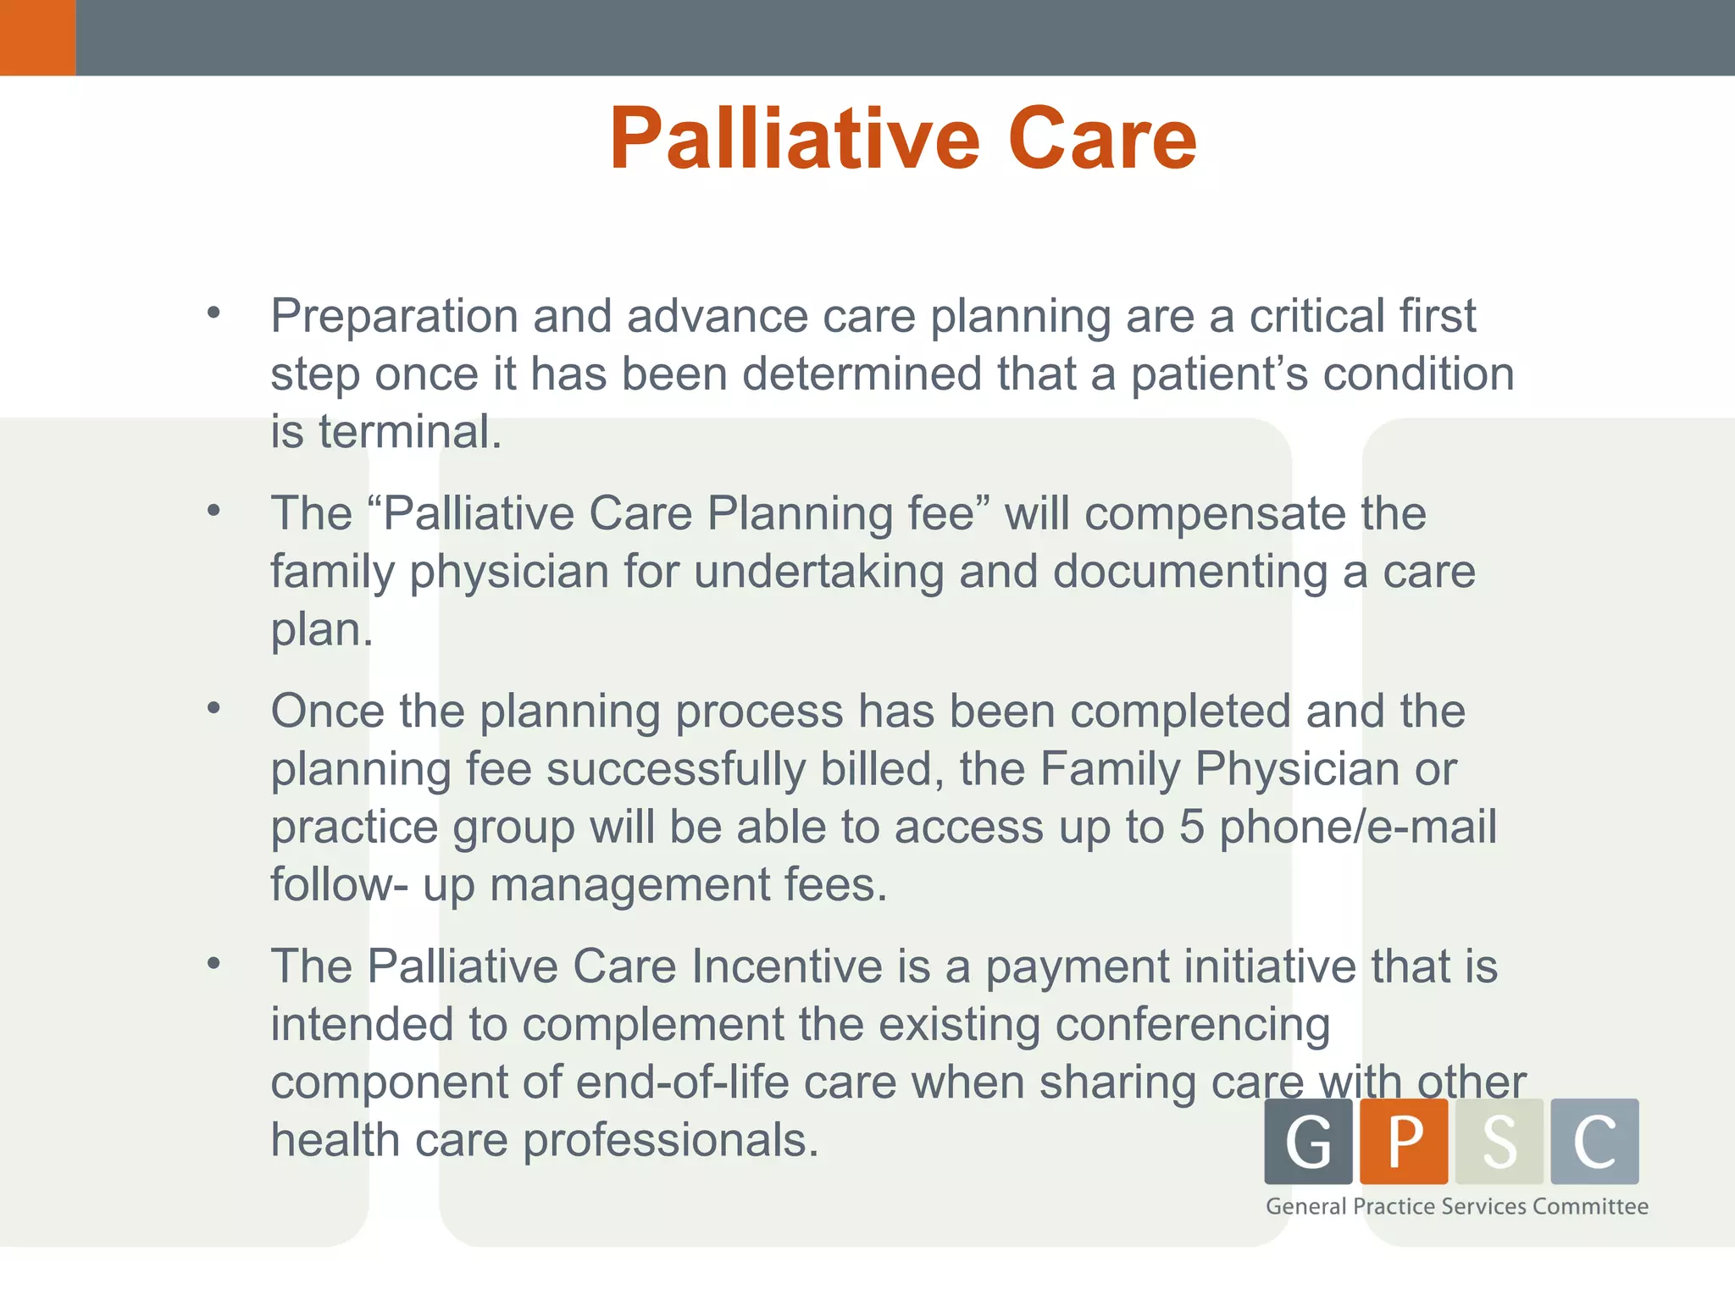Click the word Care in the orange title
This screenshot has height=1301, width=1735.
point(1102,139)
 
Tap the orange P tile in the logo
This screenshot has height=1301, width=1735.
point(1404,1141)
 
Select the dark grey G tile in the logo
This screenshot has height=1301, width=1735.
point(1308,1141)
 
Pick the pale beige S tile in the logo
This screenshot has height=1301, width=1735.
point(1499,1141)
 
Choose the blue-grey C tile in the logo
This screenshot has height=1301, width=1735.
point(1594,1141)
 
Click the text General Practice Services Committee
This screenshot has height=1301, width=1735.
point(1456,1206)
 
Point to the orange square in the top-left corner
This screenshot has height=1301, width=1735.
point(37,37)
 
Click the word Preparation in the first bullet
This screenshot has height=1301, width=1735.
point(395,317)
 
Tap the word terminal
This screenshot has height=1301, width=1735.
point(409,432)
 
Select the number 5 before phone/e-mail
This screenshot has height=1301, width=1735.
point(1191,827)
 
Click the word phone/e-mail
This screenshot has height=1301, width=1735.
point(1358,827)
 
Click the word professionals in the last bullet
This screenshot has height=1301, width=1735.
point(670,1140)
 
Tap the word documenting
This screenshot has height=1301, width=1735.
point(1190,572)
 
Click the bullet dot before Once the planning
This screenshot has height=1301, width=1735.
point(213,707)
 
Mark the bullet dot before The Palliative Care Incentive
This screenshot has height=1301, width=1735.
point(213,963)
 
